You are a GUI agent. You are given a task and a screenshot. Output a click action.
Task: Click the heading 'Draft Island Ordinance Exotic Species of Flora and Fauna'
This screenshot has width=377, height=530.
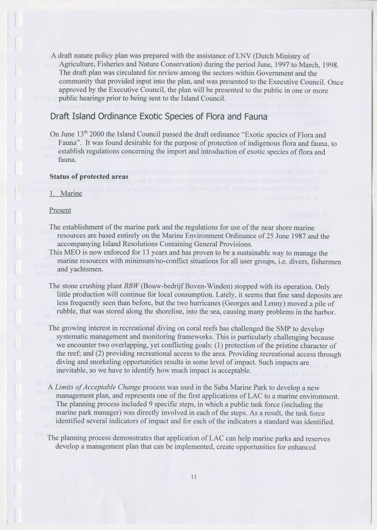[159, 117]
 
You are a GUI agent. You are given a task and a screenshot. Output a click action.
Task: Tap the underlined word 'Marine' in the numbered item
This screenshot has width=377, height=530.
[71, 193]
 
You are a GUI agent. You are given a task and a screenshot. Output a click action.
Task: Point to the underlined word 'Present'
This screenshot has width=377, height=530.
[60, 210]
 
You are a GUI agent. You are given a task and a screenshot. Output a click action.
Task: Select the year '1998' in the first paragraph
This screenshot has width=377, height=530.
[330, 65]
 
